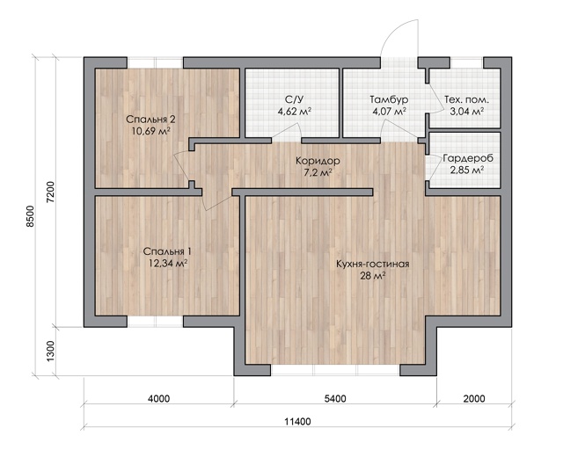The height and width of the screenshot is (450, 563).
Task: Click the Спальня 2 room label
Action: (x=150, y=120)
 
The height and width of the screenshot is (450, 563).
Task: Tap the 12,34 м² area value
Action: (x=168, y=264)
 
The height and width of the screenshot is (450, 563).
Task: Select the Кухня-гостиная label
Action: (x=373, y=265)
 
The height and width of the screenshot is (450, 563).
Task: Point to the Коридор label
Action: (x=318, y=161)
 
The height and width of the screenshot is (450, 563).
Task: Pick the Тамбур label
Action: (x=389, y=99)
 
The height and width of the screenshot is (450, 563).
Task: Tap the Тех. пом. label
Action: (x=466, y=99)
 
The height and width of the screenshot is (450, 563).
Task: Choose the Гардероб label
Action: (x=468, y=158)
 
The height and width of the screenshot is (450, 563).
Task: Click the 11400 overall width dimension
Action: (x=297, y=422)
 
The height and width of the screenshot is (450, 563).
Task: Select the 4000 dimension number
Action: (x=158, y=399)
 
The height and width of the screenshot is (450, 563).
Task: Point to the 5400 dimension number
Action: (x=335, y=399)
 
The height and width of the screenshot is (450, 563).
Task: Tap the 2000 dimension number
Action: (x=474, y=399)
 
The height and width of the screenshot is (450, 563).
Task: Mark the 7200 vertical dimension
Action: (x=51, y=192)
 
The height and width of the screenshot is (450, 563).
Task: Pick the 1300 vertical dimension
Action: (x=51, y=352)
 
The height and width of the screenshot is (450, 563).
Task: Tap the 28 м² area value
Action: (x=373, y=276)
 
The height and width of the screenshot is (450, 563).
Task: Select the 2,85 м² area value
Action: (x=466, y=170)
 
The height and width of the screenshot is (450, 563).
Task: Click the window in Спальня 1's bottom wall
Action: (x=155, y=322)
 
